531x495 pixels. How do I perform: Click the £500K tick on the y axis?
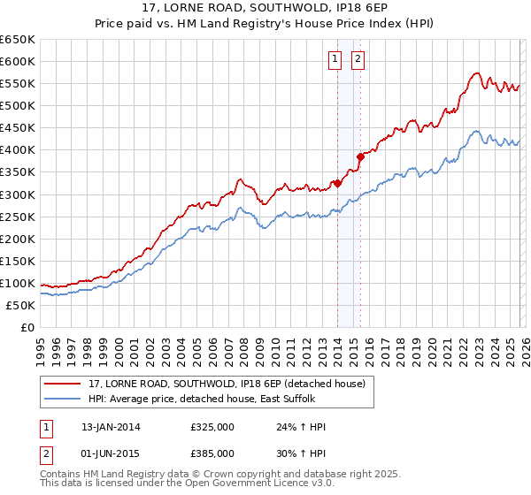pos(18,105)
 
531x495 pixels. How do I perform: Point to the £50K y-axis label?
pos(20,305)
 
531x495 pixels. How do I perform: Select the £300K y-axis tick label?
pos(18,194)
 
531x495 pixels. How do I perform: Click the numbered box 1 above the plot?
pos(336,60)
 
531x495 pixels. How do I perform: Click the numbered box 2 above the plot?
pos(358,60)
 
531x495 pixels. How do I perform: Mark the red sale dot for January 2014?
pos(337,183)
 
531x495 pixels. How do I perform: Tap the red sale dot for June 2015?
pos(359,156)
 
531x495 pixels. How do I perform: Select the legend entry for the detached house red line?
pos(212,383)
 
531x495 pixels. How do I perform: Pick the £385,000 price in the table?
pos(212,453)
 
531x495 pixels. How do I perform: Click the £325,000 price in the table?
pos(212,427)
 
